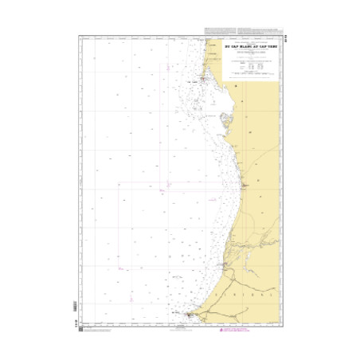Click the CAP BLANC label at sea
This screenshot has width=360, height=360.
192,80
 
